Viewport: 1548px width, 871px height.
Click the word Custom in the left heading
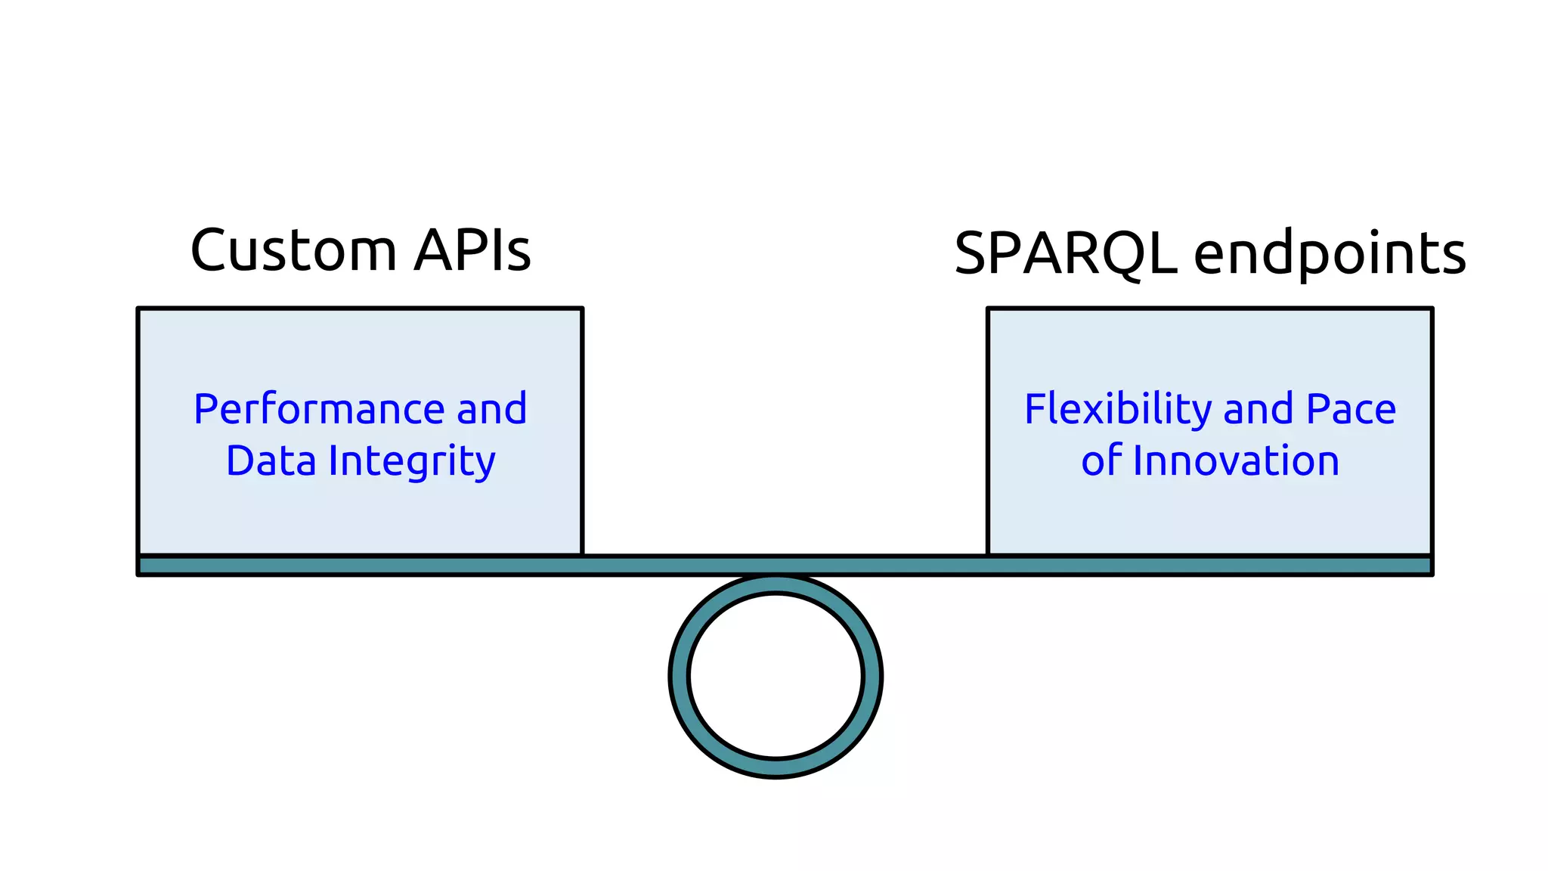pyautogui.click(x=293, y=251)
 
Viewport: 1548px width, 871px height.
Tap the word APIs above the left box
pyautogui.click(x=472, y=250)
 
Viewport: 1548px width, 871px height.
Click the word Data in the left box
pyautogui.click(x=271, y=461)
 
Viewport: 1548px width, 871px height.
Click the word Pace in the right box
pyautogui.click(x=1351, y=410)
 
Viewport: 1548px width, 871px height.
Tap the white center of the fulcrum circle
pyautogui.click(x=776, y=675)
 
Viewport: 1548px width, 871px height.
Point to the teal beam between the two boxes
pyautogui.click(x=785, y=566)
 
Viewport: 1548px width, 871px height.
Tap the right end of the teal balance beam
pyautogui.click(x=1425, y=566)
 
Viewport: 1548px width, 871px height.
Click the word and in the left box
pyautogui.click(x=491, y=410)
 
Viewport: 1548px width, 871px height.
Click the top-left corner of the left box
pyautogui.click(x=139, y=309)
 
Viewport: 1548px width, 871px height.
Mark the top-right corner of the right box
pyautogui.click(x=1431, y=309)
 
